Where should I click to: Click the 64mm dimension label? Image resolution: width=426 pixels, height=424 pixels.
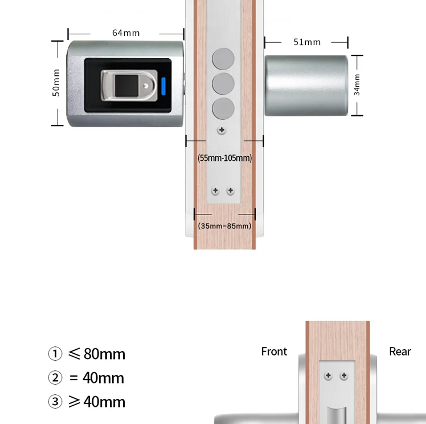pos(126,33)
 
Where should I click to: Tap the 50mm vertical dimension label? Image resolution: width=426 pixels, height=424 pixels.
pos(56,83)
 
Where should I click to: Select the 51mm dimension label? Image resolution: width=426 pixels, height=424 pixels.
pos(307,42)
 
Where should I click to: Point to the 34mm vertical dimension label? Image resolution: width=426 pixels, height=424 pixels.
pos(357,84)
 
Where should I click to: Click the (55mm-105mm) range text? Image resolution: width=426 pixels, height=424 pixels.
pos(225,158)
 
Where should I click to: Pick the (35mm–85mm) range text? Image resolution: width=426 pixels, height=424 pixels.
pos(225,226)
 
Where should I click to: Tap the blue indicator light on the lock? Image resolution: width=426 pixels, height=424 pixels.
pos(163,86)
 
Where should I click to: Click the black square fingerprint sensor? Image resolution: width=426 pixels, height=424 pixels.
pos(126,86)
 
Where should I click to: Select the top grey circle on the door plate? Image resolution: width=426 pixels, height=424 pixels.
pos(223,59)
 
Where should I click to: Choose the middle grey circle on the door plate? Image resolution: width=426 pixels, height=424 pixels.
pos(223,83)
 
